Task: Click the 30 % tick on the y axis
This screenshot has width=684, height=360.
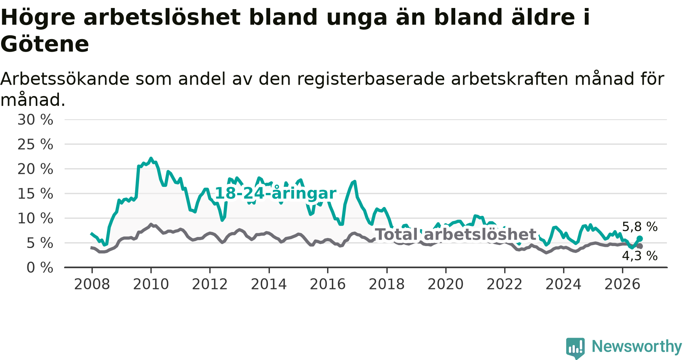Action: pos(35,120)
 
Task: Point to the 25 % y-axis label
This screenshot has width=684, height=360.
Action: pos(35,144)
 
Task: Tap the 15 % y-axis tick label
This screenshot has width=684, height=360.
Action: pos(35,194)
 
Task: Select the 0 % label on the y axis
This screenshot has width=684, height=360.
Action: pos(40,268)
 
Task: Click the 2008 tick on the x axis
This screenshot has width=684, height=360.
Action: pos(92,284)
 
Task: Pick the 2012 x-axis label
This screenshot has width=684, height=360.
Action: pos(210,284)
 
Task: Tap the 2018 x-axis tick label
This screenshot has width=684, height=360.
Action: pos(387,284)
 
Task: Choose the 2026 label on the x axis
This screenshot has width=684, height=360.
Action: pos(622,284)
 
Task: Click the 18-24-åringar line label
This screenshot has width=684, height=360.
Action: pos(276,193)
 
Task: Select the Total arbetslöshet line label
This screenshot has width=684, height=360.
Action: pos(456,235)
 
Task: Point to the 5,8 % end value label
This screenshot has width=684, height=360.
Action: pos(640,227)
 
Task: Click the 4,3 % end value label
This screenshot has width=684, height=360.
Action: pos(640,256)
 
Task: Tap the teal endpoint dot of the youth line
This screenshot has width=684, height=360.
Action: pos(640,238)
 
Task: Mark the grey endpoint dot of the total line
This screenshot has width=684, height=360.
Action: pos(640,246)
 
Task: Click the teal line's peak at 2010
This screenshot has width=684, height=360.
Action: pos(151,158)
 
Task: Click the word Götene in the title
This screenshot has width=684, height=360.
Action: pos(45,44)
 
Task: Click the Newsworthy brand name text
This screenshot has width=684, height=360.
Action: pos(637,346)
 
